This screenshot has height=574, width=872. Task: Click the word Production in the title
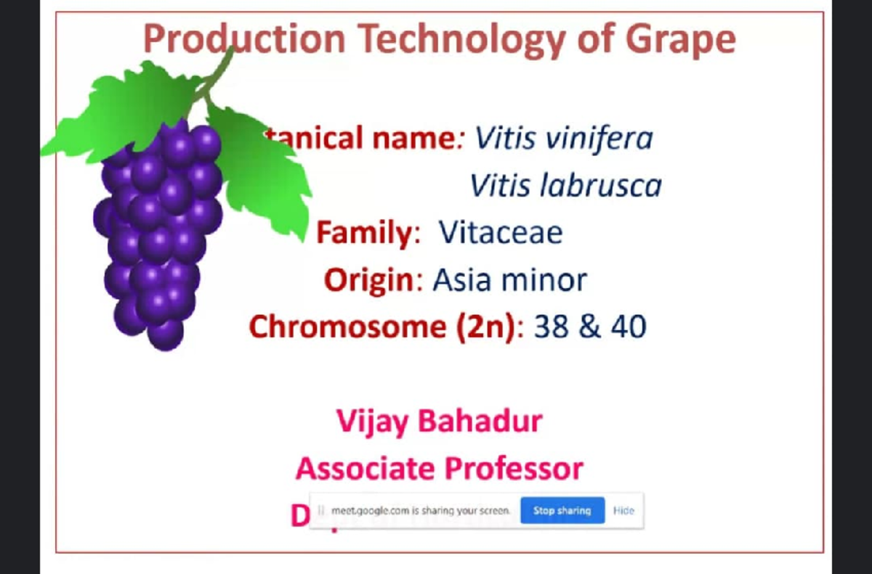coord(243,39)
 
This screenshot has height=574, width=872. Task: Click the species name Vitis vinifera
coord(564,138)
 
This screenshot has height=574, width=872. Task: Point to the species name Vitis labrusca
coord(565,186)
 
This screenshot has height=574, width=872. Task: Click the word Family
coord(364,233)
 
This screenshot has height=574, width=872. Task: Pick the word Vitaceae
coord(501,233)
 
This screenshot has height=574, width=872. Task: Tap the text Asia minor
coord(509,280)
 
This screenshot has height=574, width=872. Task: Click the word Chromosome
coord(347,327)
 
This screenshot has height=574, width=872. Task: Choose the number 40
coord(628,327)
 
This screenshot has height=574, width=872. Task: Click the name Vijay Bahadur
coord(439,421)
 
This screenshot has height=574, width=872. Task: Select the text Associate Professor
coord(439,469)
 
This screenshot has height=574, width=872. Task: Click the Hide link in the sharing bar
coord(623,511)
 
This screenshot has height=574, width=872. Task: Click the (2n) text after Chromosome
coord(486,327)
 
